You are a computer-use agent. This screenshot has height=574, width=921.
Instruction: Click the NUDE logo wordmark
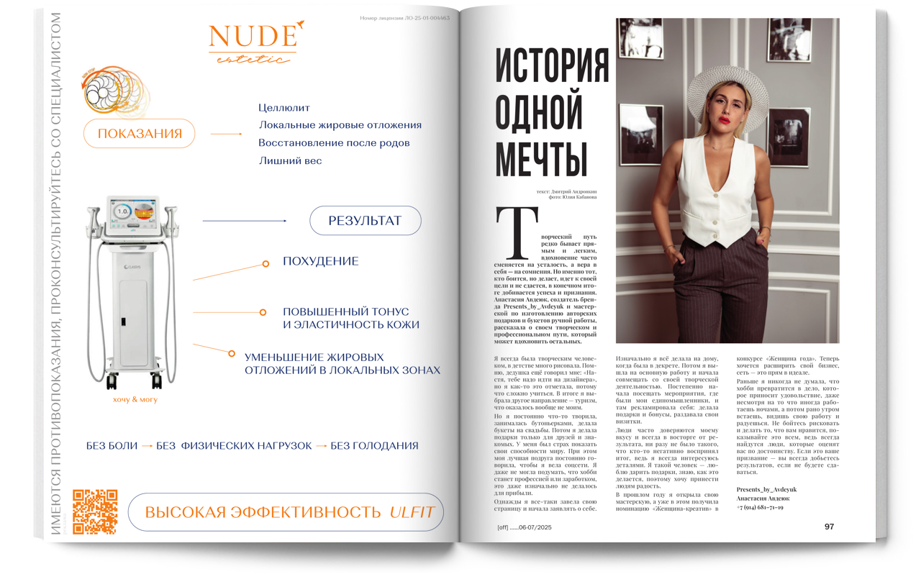pyautogui.click(x=253, y=37)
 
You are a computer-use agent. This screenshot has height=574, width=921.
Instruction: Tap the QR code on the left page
pyautogui.click(x=95, y=512)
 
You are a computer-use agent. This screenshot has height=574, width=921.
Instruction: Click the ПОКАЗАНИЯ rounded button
pyautogui.click(x=140, y=134)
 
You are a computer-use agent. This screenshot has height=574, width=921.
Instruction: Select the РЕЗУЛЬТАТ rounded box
pyautogui.click(x=365, y=221)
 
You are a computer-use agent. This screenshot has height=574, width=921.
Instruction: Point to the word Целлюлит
pyautogui.click(x=284, y=108)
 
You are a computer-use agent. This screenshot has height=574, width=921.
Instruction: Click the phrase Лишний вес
pyautogui.click(x=290, y=161)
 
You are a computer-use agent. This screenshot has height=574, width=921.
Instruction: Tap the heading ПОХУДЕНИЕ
pyautogui.click(x=320, y=261)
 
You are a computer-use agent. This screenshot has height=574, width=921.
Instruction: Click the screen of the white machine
pyautogui.click(x=134, y=212)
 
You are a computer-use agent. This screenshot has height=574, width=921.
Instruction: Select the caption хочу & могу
pyautogui.click(x=135, y=399)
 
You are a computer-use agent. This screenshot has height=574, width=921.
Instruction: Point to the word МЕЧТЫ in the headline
pyautogui.click(x=541, y=160)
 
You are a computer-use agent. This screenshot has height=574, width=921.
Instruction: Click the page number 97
pyautogui.click(x=829, y=527)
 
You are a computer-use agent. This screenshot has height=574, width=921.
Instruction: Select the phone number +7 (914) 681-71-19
pyautogui.click(x=760, y=507)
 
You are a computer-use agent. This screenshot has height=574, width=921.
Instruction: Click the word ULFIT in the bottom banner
pyautogui.click(x=412, y=513)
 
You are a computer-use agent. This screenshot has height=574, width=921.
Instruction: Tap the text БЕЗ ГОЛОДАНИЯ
pyautogui.click(x=374, y=446)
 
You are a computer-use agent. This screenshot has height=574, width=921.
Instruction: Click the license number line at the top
pyautogui.click(x=404, y=18)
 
